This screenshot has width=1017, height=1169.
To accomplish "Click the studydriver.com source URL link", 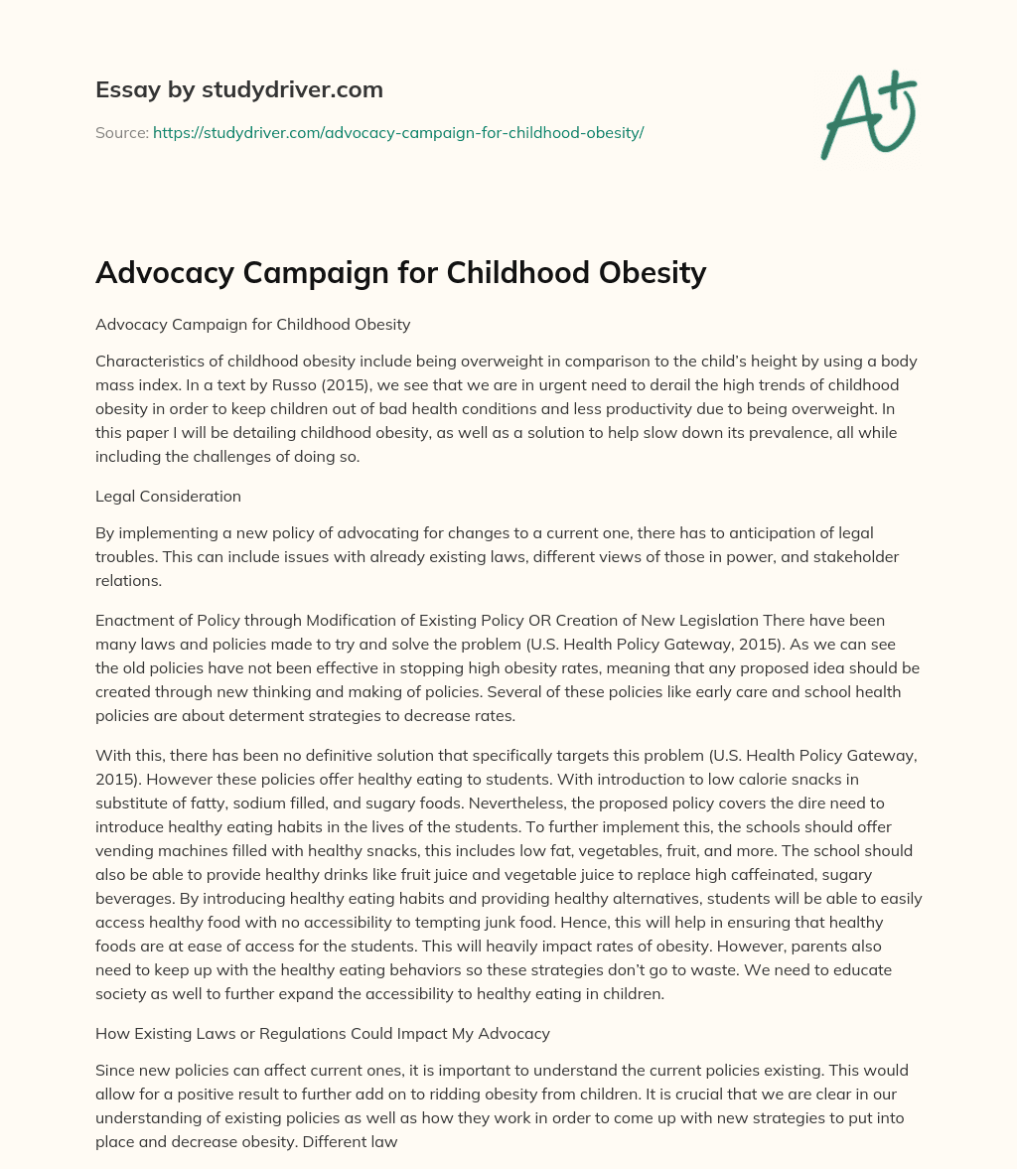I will pyautogui.click(x=398, y=132).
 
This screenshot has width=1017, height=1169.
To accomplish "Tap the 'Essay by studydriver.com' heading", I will pyautogui.click(x=238, y=89).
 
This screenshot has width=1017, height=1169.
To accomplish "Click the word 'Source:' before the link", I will pyautogui.click(x=122, y=132).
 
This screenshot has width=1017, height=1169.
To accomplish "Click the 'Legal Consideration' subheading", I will pyautogui.click(x=168, y=496).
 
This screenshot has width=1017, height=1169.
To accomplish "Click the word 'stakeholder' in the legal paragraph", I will pyautogui.click(x=852, y=557).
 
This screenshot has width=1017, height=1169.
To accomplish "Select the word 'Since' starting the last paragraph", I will pyautogui.click(x=113, y=1071).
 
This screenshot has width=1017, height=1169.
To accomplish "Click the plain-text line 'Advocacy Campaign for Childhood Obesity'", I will pyautogui.click(x=252, y=324).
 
